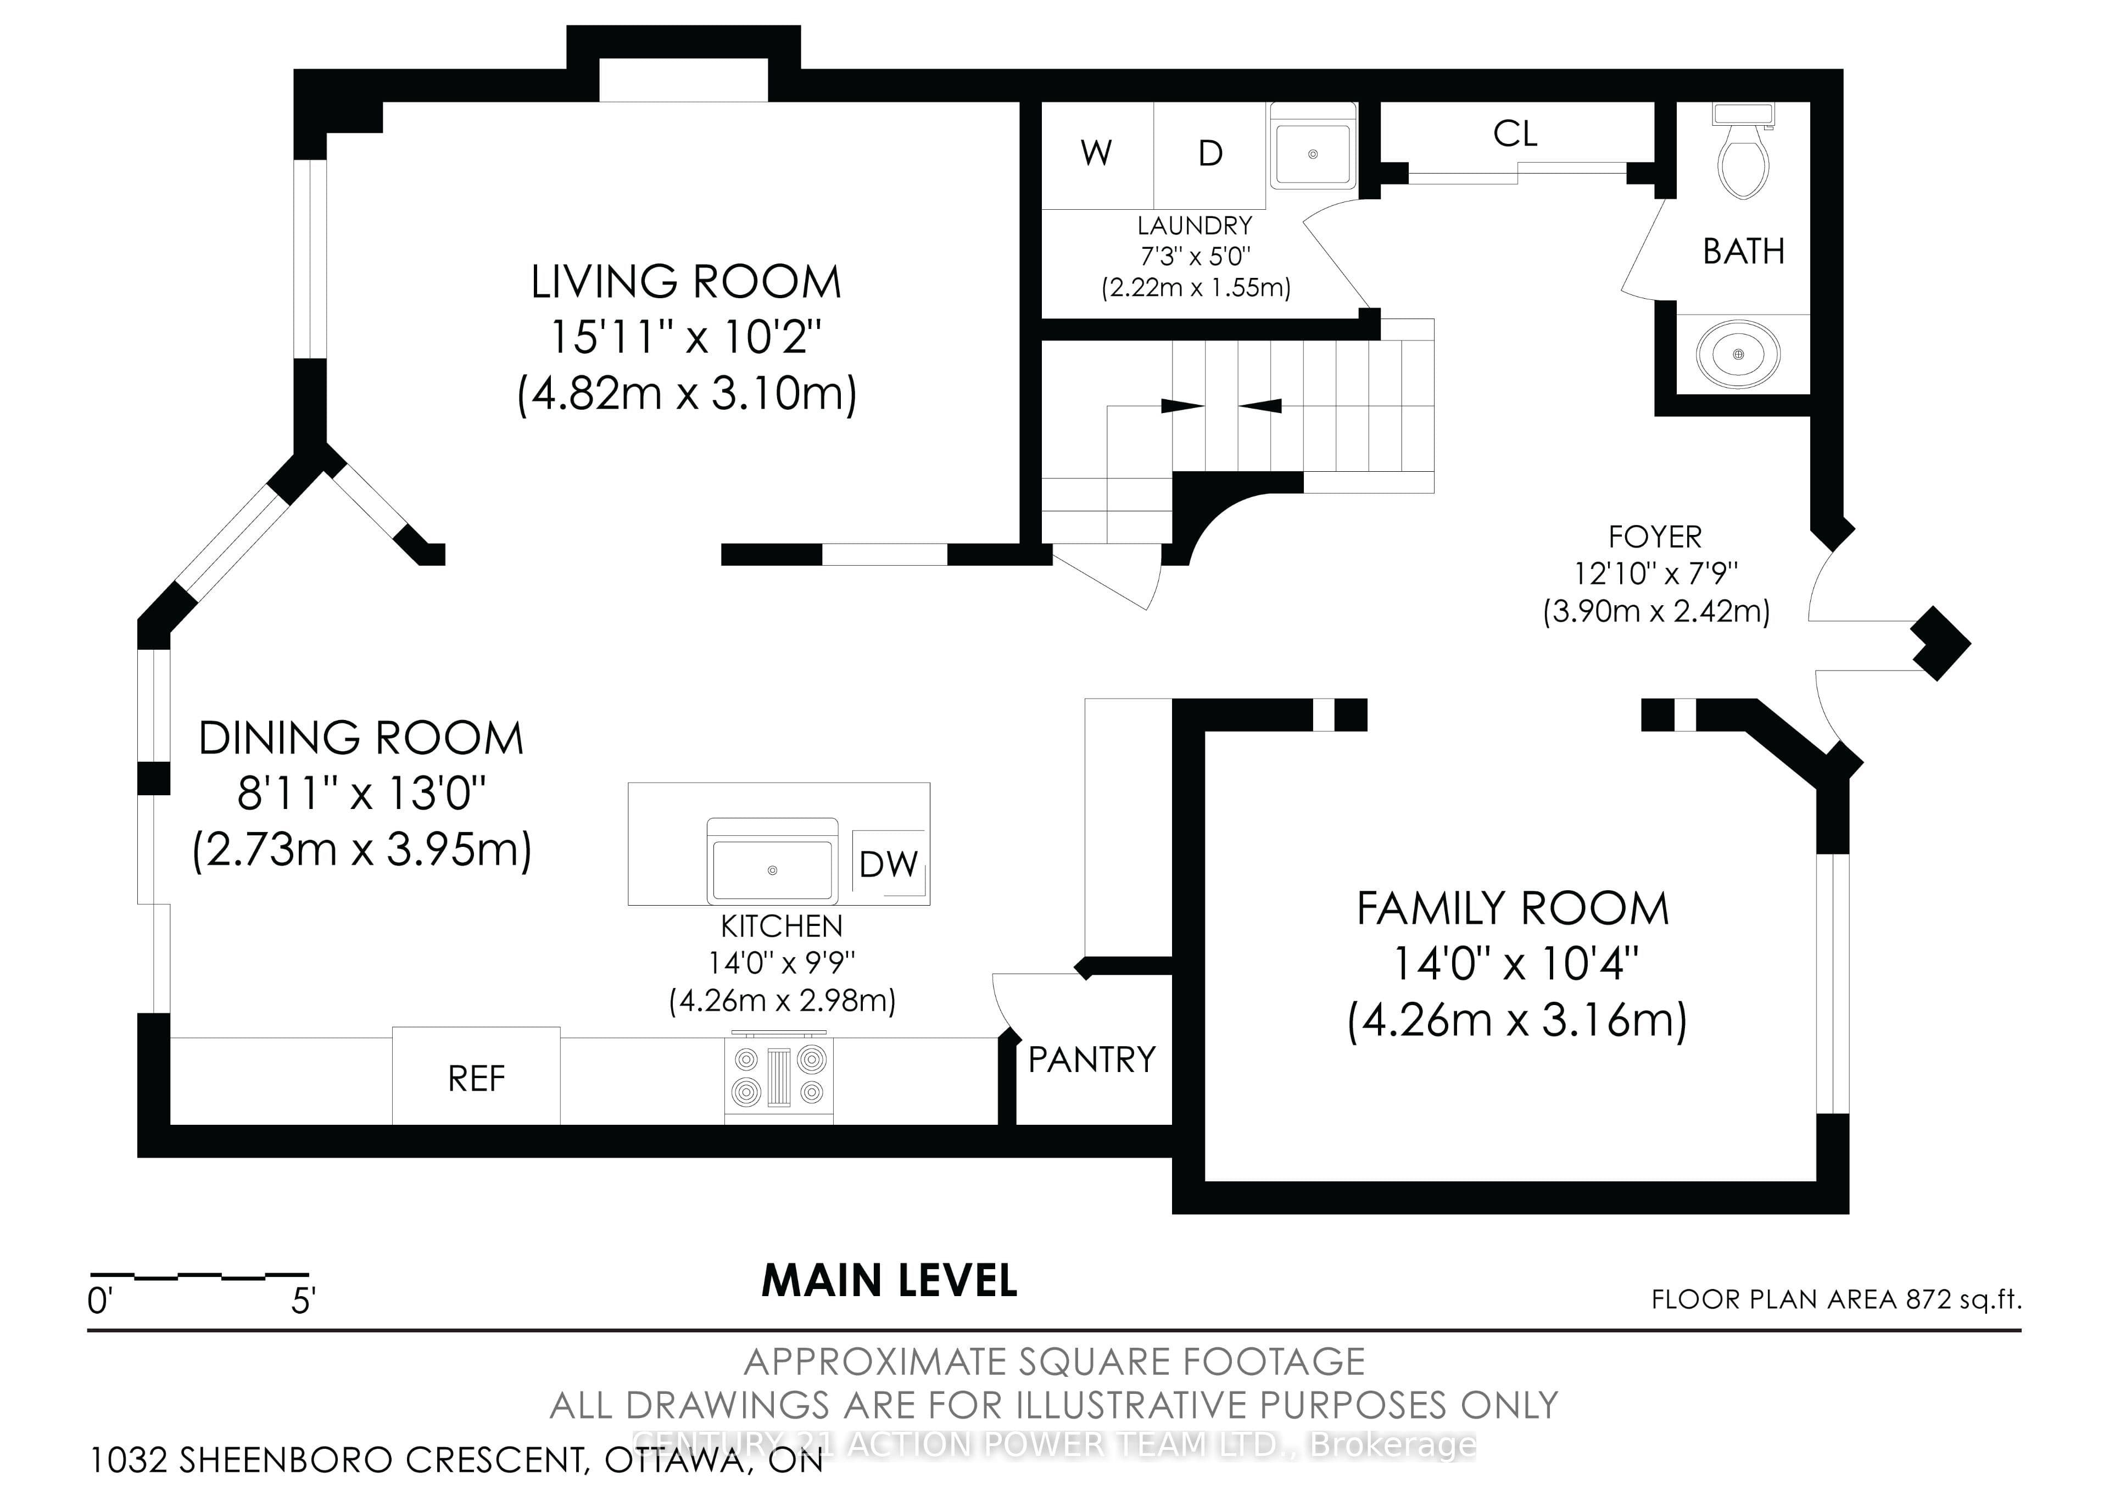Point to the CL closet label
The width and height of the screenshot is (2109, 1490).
[1515, 134]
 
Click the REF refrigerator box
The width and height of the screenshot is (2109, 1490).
[476, 1075]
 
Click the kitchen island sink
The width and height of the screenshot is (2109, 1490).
[773, 861]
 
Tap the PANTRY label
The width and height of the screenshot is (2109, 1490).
[1091, 1060]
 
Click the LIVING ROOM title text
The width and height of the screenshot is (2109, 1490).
[686, 282]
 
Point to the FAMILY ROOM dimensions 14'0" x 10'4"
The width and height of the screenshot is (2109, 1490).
[1516, 964]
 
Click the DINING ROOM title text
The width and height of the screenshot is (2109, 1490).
[361, 739]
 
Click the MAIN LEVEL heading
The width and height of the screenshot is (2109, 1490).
[889, 1281]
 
